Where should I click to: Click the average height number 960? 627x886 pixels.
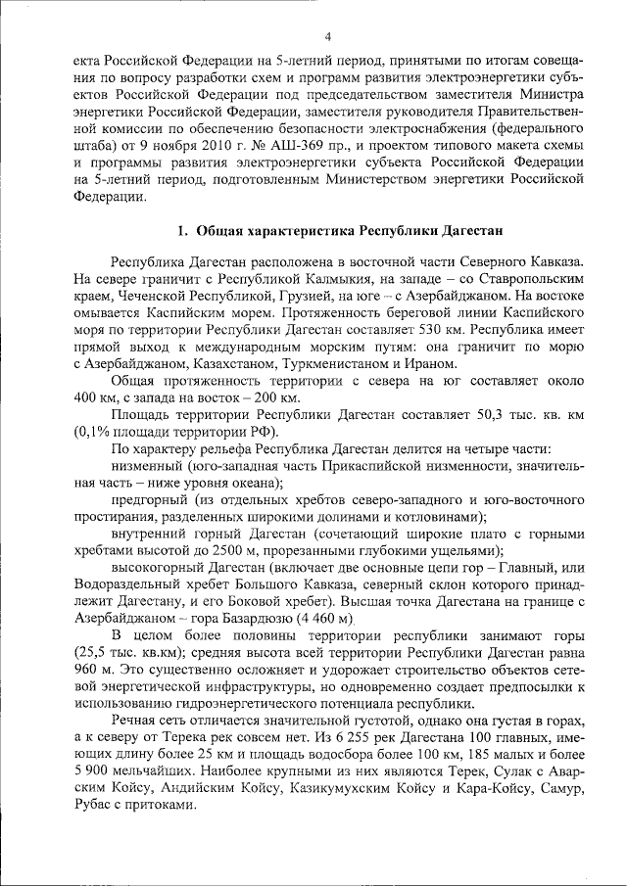tap(87, 673)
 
